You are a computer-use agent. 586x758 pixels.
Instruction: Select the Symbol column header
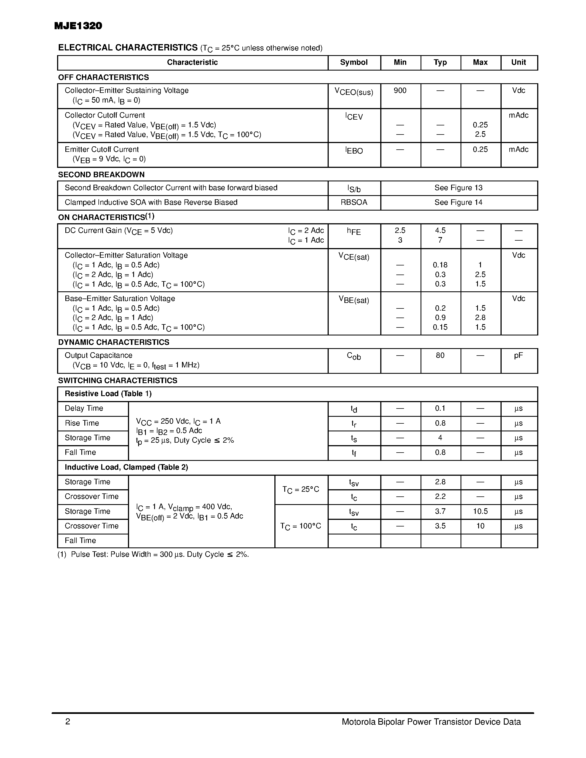[x=354, y=63]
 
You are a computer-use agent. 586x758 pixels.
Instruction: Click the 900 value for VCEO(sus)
[x=400, y=91]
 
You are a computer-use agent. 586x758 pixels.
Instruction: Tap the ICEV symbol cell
[x=354, y=117]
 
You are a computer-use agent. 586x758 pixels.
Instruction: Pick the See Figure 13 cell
[x=458, y=188]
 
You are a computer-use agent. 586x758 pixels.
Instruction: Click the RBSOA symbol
[x=354, y=202]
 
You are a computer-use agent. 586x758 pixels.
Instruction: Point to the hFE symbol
[x=354, y=231]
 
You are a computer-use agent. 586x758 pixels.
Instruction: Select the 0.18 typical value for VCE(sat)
[x=440, y=265]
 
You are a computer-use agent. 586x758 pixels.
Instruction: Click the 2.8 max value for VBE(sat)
[x=480, y=318]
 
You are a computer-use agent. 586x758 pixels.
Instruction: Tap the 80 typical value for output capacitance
[x=440, y=355]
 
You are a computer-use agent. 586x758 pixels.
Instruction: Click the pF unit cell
[x=518, y=355]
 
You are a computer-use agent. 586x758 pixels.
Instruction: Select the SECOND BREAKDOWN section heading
[x=101, y=174]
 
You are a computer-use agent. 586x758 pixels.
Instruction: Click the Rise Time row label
[x=82, y=423]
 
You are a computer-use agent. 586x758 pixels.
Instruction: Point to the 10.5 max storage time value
[x=480, y=511]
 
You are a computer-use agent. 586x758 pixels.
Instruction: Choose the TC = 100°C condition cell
[x=301, y=526]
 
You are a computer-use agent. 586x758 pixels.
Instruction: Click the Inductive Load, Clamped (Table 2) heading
[x=126, y=467]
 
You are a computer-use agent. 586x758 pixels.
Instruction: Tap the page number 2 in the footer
[x=68, y=722]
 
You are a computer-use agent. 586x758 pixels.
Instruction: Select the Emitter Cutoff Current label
[x=102, y=150]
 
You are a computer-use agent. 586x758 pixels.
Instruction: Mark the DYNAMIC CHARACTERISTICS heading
[x=114, y=342]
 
